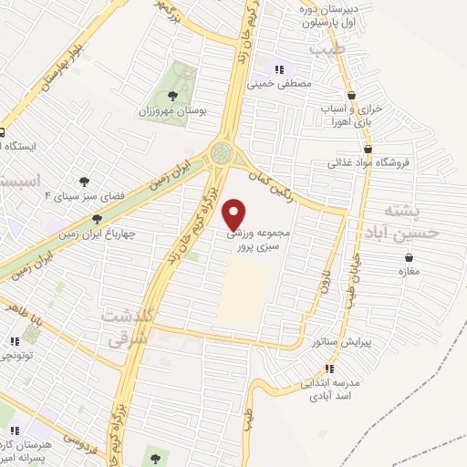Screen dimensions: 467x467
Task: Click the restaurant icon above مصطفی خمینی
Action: coord(280,68)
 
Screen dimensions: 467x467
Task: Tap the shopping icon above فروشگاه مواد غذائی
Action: coord(367,150)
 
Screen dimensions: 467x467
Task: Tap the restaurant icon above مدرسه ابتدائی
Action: coord(329,368)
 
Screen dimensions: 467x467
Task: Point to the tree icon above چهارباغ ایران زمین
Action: coord(98,219)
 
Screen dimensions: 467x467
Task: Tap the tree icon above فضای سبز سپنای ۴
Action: coord(85,182)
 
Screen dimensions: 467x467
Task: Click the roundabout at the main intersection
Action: coord(222,151)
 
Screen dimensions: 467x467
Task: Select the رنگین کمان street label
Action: coord(269,174)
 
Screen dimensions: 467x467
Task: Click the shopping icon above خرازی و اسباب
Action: coord(352,95)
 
